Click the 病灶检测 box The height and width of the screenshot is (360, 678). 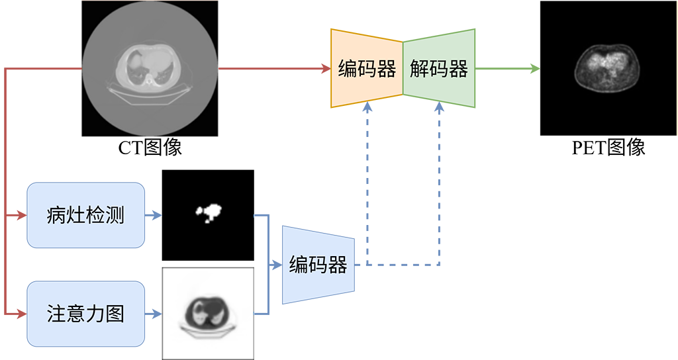point(85,215)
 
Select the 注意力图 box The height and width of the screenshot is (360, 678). point(85,313)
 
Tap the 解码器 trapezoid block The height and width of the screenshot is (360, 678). point(438,68)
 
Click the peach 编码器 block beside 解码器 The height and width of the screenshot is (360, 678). point(367,68)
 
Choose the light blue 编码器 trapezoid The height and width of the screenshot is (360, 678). point(318,265)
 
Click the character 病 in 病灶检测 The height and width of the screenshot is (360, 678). point(56,216)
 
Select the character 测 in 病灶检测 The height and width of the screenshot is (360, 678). point(115,216)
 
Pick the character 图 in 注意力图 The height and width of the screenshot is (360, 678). point(115,314)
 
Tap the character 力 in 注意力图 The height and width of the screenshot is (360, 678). point(95,314)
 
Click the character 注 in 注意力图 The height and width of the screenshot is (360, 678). point(56,314)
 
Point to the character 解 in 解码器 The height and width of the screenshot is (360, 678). point(419,69)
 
